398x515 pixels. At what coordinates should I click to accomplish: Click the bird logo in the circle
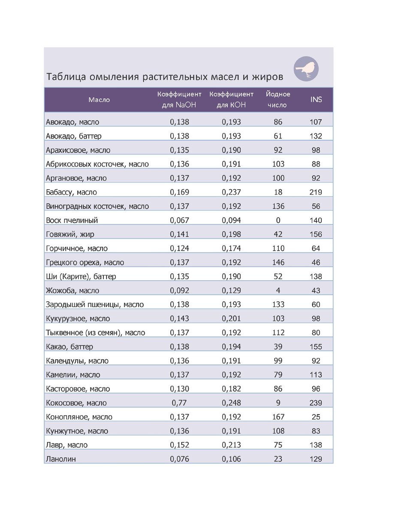pos(306,69)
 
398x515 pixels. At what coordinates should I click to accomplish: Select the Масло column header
pos(99,100)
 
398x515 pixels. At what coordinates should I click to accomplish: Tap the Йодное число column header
pos(278,100)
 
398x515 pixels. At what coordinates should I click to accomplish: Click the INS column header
pos(316,100)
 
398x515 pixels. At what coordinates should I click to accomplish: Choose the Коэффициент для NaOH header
pos(179,100)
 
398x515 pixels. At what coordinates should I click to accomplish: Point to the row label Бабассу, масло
pos(71,192)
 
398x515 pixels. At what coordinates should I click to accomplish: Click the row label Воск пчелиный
pos(72,221)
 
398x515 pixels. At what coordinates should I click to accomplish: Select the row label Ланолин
pos(60,459)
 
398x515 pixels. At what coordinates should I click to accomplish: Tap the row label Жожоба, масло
pos(72,291)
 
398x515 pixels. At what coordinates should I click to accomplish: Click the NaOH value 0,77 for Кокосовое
pos(179,403)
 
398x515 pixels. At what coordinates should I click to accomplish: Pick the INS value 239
pos(316,403)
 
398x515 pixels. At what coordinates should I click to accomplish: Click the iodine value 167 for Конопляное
pos(278,417)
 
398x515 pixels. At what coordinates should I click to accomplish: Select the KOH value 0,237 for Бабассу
pos(231,192)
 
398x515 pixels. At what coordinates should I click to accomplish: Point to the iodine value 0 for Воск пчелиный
pos(278,221)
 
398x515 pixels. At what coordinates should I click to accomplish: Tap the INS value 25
pos(316,417)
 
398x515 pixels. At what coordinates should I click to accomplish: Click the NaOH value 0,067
pos(179,221)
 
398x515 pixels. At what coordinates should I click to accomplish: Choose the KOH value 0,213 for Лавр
pos(231,445)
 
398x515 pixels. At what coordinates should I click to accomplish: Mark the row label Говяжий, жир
pos(70,234)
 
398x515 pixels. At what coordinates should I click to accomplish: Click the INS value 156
pos(316,234)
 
